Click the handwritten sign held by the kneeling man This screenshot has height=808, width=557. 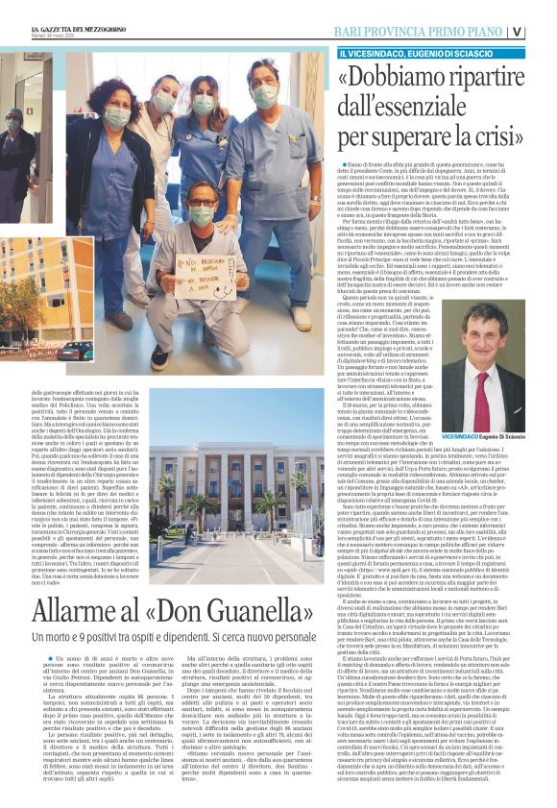pyautogui.click(x=203, y=273)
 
